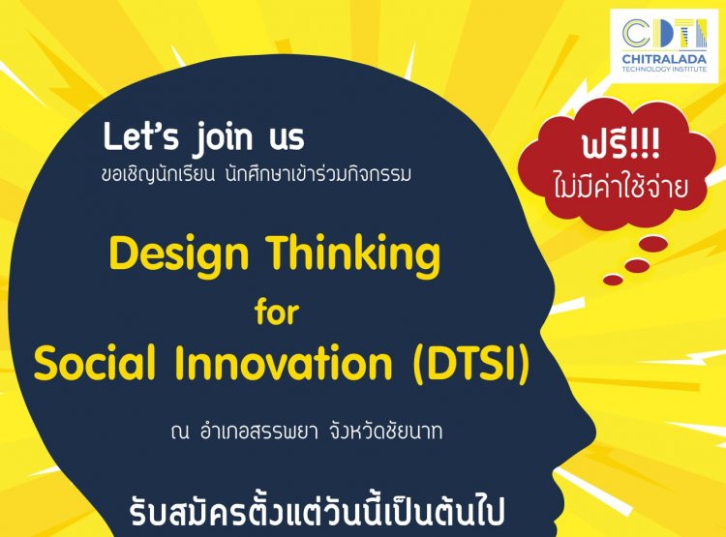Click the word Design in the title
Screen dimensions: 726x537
(179, 256)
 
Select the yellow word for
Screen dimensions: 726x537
(277, 312)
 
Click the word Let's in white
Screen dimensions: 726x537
(140, 136)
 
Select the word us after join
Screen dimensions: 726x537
(287, 140)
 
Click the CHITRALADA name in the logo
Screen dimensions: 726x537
(664, 59)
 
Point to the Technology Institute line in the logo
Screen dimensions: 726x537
(664, 69)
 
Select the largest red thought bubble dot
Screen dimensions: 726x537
(652, 244)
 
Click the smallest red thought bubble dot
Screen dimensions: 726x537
(613, 280)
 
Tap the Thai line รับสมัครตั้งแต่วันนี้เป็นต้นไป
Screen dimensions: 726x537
(317, 512)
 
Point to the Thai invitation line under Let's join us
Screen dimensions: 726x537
(257, 174)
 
